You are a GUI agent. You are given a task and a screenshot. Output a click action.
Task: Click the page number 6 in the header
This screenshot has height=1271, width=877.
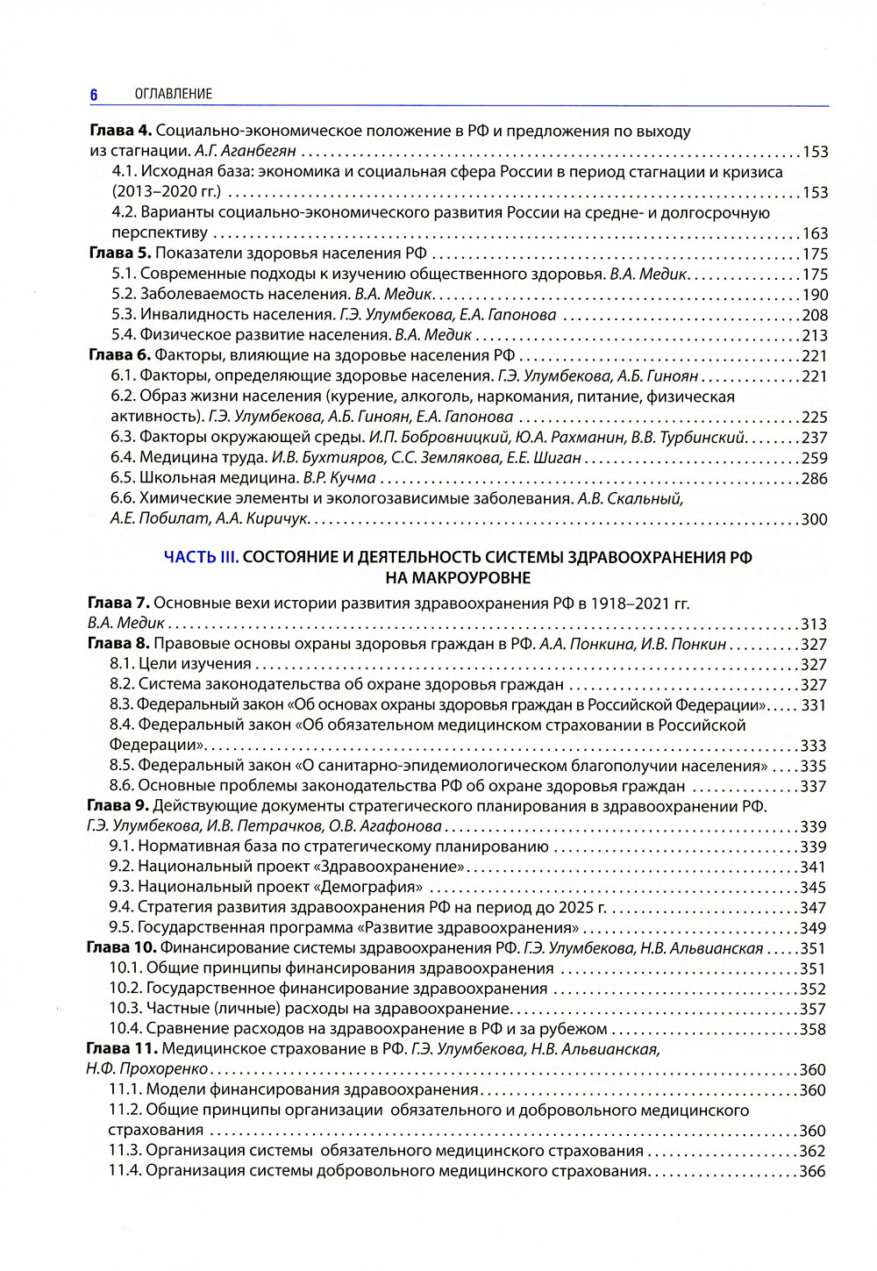94,94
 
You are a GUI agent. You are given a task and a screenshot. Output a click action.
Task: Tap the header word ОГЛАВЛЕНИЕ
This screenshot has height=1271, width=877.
174,94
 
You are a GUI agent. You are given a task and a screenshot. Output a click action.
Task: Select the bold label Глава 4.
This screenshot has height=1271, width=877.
120,132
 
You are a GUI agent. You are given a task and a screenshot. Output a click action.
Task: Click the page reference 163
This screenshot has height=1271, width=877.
815,233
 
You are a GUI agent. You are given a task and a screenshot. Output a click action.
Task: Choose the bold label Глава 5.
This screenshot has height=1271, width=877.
120,253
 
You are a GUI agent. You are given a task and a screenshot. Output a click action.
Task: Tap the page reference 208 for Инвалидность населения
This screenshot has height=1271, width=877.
815,315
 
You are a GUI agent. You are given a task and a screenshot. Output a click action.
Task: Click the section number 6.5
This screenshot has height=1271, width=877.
123,478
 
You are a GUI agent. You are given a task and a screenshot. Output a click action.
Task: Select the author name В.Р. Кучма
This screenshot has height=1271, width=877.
339,478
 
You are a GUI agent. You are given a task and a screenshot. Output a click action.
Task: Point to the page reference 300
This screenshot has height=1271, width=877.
815,519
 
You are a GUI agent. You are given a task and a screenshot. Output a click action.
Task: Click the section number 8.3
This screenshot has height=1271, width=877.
121,704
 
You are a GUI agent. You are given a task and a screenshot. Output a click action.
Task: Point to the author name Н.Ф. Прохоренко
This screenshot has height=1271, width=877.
147,1069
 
